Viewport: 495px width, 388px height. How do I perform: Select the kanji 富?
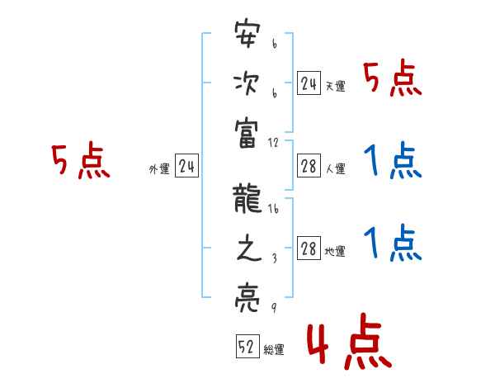click(247, 130)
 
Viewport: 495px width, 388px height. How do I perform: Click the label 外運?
click(159, 169)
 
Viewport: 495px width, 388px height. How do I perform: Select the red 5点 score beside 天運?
click(393, 79)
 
